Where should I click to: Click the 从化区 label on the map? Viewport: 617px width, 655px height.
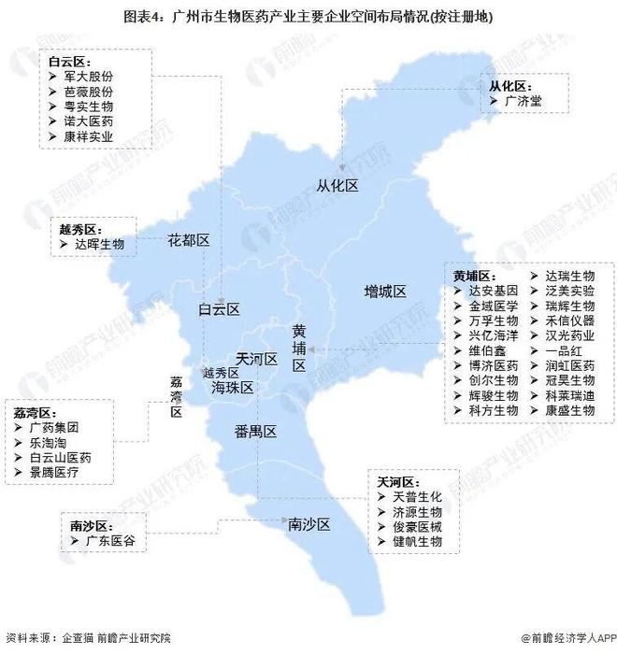coord(338,186)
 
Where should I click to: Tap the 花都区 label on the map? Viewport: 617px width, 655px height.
coord(188,240)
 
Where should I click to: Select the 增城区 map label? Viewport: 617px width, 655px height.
coord(385,292)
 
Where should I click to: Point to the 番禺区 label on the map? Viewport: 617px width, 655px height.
coord(255,431)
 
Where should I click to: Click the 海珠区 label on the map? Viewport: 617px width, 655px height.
coord(233,387)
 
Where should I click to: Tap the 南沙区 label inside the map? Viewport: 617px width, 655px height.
coord(309,525)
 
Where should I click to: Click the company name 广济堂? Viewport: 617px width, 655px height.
coord(523,100)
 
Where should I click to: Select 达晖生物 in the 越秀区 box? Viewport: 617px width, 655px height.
coord(99,243)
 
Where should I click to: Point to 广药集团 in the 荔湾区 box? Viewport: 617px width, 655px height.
coord(60,427)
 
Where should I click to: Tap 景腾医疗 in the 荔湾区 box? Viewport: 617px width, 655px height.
coord(60,473)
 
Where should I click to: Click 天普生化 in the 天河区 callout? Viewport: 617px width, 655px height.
coord(417,496)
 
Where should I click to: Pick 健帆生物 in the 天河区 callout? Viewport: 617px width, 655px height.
coord(417,541)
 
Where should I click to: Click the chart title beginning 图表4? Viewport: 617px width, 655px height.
coord(308,18)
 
